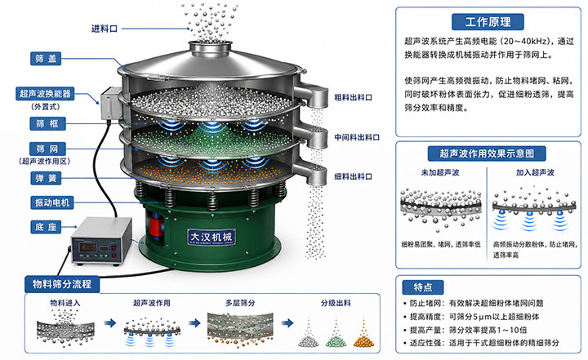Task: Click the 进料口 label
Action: pyautogui.click(x=105, y=29)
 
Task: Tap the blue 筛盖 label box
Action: pyautogui.click(x=46, y=59)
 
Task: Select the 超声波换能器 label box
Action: pyautogui.click(x=45, y=93)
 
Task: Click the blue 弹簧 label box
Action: pyautogui.click(x=46, y=178)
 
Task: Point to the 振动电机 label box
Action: pyautogui.click(x=51, y=202)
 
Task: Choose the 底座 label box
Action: pyautogui.click(x=46, y=227)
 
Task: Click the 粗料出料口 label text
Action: pyautogui.click(x=354, y=97)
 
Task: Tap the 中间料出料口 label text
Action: pyautogui.click(x=357, y=137)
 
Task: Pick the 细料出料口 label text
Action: pyautogui.click(x=354, y=176)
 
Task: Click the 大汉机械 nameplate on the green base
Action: pyautogui.click(x=212, y=237)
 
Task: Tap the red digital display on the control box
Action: pyautogui.click(x=88, y=247)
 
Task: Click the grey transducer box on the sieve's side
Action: pyautogui.click(x=109, y=103)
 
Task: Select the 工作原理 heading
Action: pyautogui.click(x=488, y=22)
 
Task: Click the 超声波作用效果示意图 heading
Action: pyautogui.click(x=487, y=153)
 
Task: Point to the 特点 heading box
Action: pyautogui.click(x=423, y=287)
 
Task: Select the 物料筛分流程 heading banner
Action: pyautogui.click(x=62, y=284)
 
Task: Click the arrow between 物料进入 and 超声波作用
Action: pyautogui.click(x=110, y=323)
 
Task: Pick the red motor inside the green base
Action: pyautogui.click(x=156, y=226)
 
